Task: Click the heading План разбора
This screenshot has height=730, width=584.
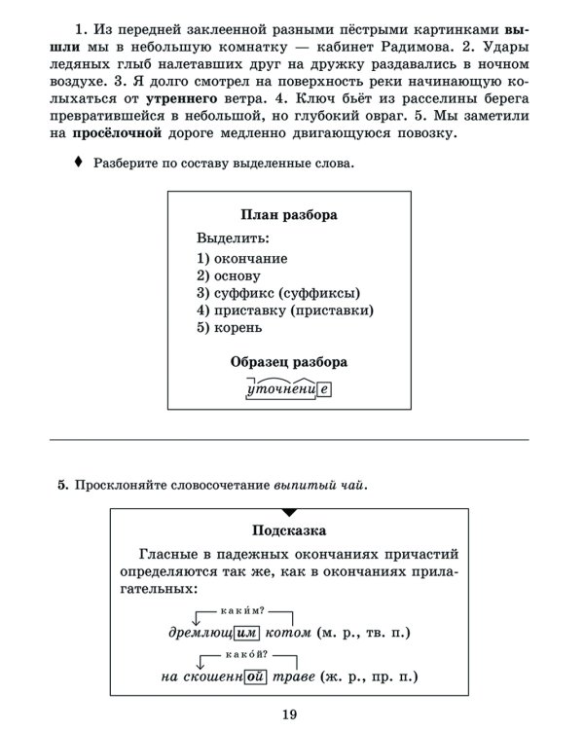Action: pyautogui.click(x=288, y=214)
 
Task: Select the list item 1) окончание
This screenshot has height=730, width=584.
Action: pyautogui.click(x=241, y=258)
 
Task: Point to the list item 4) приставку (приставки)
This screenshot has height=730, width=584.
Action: pyautogui.click(x=284, y=310)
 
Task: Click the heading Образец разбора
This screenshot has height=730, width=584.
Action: pyautogui.click(x=288, y=362)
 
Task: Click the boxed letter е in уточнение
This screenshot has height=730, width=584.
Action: pyautogui.click(x=324, y=390)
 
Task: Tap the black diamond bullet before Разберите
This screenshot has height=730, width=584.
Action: pyautogui.click(x=79, y=163)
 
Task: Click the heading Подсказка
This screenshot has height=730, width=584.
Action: pyautogui.click(x=289, y=530)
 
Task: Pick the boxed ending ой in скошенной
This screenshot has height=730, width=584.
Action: pyautogui.click(x=257, y=677)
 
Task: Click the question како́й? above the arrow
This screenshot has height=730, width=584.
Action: pyautogui.click(x=249, y=656)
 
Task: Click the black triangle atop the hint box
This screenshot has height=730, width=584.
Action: pyautogui.click(x=289, y=512)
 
